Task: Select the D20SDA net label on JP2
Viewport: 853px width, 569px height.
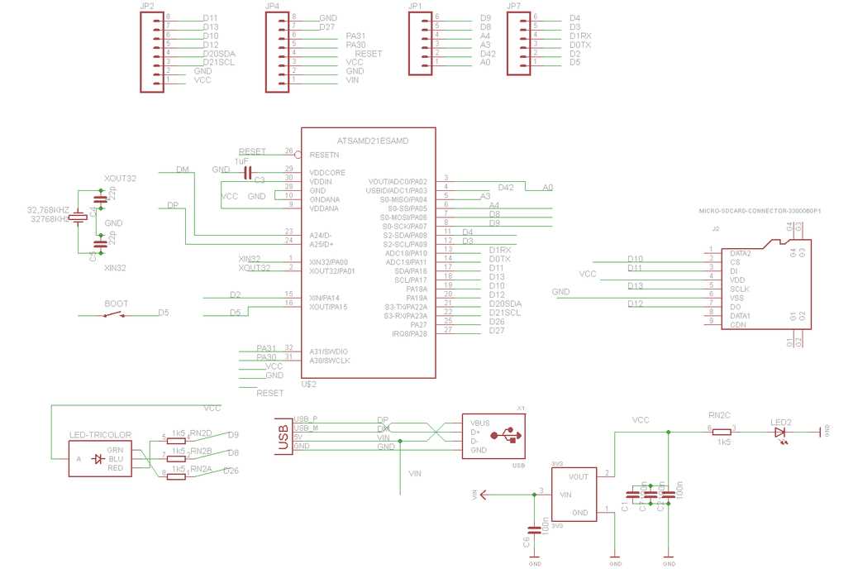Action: (219, 53)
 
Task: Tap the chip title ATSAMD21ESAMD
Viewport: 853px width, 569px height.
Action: (373, 141)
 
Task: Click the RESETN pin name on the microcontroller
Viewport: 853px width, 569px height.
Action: (323, 155)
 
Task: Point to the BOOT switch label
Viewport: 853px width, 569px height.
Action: (116, 304)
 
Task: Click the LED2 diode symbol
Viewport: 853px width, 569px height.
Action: (779, 432)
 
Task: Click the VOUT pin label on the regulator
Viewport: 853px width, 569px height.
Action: (579, 476)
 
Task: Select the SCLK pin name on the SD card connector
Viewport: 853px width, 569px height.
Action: (739, 289)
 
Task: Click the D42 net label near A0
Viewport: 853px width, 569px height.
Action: (506, 188)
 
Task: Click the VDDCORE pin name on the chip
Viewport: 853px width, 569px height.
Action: (326, 172)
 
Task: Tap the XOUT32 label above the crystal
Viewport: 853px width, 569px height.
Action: (121, 178)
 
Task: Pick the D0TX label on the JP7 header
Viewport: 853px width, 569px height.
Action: (580, 45)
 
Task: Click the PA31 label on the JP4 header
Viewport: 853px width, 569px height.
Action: (356, 36)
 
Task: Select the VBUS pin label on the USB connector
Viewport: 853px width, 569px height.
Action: (479, 423)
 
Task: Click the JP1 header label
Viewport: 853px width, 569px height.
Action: (416, 6)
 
